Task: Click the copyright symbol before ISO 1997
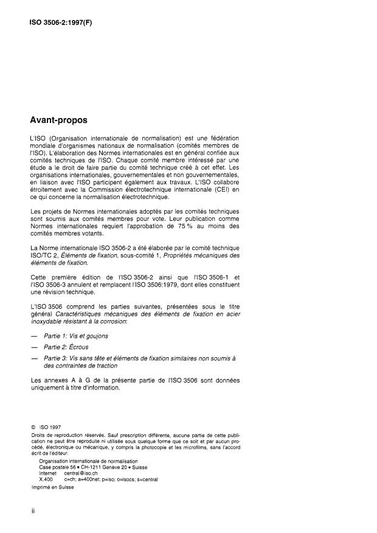[x=34, y=428]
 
